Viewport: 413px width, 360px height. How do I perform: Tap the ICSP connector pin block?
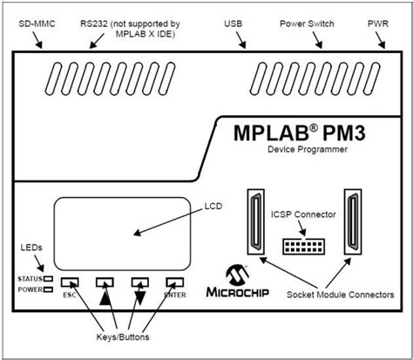point(302,243)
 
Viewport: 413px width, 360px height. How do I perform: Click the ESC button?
point(71,282)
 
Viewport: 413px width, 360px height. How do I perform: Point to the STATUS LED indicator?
point(50,279)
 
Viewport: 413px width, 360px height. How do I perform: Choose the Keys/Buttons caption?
point(120,336)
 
